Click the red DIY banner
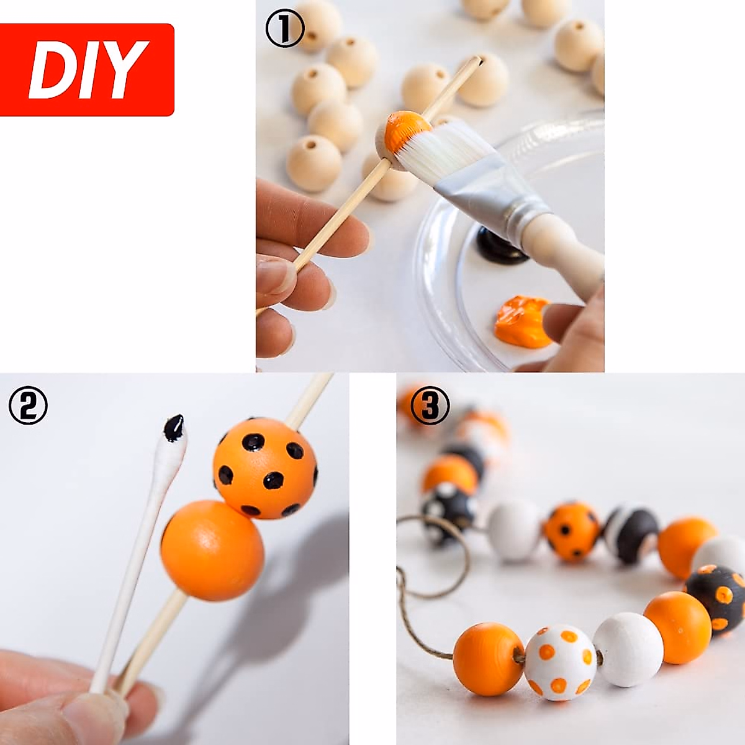click(87, 70)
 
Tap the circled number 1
click(285, 28)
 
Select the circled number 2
click(28, 405)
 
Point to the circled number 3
click(430, 405)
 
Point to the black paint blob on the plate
click(500, 246)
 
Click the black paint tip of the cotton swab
click(174, 428)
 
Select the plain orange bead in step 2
click(213, 550)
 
